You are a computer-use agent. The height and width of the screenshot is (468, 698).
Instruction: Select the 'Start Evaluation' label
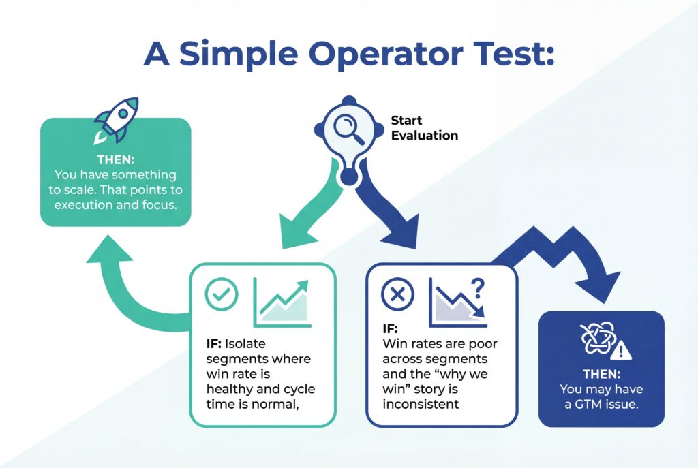pyautogui.click(x=424, y=128)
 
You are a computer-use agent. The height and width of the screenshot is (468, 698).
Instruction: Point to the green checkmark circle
pyautogui.click(x=222, y=295)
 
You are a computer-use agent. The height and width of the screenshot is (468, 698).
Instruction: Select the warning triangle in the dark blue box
pyautogui.click(x=622, y=351)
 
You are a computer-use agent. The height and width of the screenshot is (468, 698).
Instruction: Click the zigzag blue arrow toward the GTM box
pyautogui.click(x=559, y=255)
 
